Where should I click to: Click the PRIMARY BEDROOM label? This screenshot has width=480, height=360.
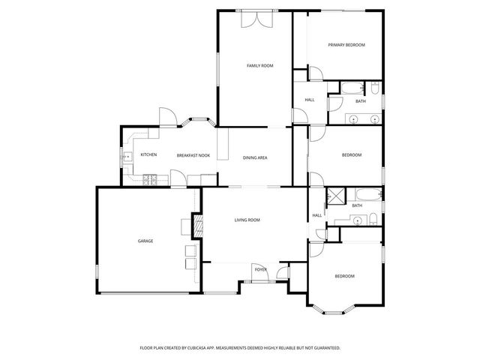click(x=346, y=45)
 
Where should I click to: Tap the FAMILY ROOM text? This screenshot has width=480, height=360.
click(x=260, y=66)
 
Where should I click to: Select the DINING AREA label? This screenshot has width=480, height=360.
click(x=255, y=157)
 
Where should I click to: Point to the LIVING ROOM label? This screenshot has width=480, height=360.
click(x=247, y=220)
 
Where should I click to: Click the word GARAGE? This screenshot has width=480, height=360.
click(x=145, y=241)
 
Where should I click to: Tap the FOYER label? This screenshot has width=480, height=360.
click(x=260, y=268)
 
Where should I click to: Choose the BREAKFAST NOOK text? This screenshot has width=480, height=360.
click(x=193, y=155)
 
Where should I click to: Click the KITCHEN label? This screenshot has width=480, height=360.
click(x=148, y=155)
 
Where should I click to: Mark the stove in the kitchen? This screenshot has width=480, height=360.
click(x=150, y=178)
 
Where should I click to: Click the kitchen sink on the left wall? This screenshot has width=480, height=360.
click(x=124, y=157)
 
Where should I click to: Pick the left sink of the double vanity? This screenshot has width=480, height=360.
click(x=353, y=118)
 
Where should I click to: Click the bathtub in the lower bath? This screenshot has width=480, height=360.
click(x=365, y=196)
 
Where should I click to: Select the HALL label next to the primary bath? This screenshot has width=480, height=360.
click(x=309, y=100)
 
